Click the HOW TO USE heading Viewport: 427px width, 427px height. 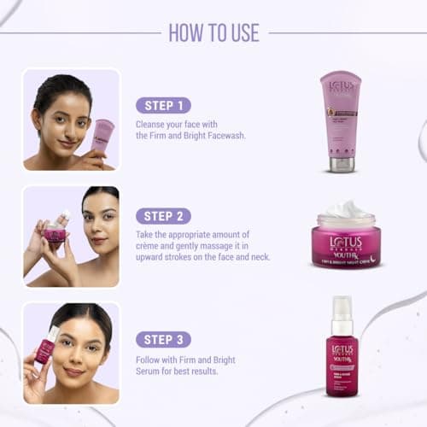[x=213, y=32]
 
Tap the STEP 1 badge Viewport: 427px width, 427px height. [x=163, y=106]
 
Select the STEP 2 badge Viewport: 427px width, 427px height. [x=163, y=216]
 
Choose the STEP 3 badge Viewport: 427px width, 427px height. [x=163, y=339]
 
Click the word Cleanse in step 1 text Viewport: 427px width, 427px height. [x=151, y=124]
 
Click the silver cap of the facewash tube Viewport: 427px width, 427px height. [x=342, y=163]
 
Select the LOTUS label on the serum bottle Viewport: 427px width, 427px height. [x=342, y=350]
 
